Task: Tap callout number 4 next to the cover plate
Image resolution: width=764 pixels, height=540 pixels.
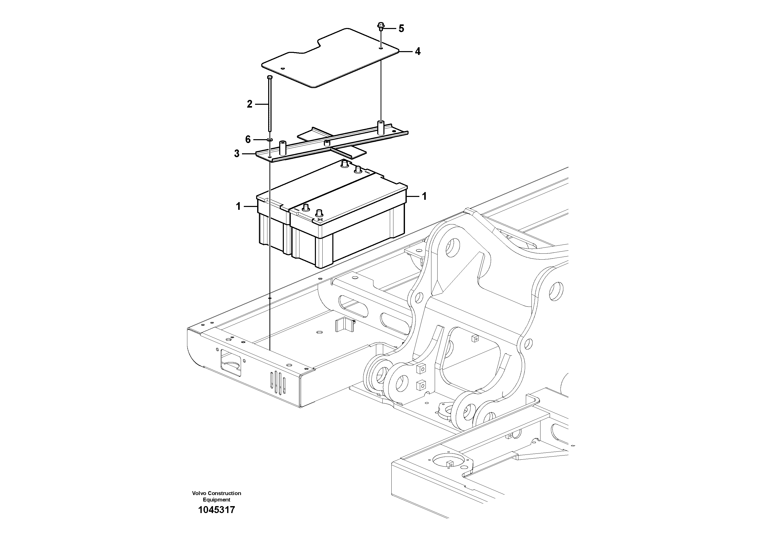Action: [x=417, y=52]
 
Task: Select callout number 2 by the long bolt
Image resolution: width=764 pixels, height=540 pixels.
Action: [x=249, y=104]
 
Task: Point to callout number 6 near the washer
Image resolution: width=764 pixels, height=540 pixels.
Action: [x=248, y=139]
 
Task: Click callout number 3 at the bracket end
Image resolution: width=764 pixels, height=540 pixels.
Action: [x=237, y=154]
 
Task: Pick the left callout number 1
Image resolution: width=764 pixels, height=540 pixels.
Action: [x=238, y=207]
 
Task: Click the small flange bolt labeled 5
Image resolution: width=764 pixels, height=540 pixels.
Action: [x=381, y=26]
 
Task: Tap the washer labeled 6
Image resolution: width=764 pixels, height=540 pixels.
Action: [x=269, y=139]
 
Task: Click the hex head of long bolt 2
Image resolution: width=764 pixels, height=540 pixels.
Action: [x=269, y=78]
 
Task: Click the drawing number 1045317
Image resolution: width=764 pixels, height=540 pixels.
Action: [x=216, y=510]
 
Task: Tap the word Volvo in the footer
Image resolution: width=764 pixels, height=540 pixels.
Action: [x=199, y=493]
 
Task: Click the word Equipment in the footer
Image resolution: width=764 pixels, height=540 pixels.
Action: [x=216, y=500]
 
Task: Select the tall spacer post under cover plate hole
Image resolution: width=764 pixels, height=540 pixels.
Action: [x=380, y=128]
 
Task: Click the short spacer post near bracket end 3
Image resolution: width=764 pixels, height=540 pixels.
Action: [x=283, y=148]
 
